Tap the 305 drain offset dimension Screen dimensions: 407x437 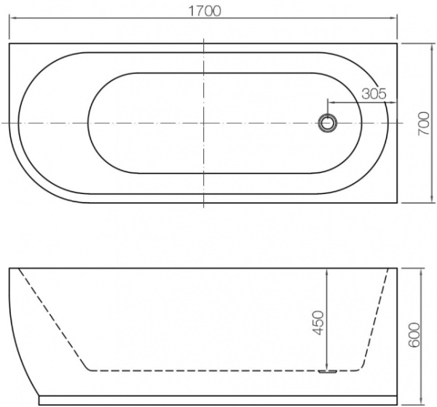[x=372, y=93]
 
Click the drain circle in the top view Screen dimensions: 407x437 [x=328, y=123]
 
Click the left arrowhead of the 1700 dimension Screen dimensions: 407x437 [x=12, y=21]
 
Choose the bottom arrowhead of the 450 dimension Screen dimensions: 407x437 [x=328, y=366]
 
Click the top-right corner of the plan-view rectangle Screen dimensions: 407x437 [x=398, y=44]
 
